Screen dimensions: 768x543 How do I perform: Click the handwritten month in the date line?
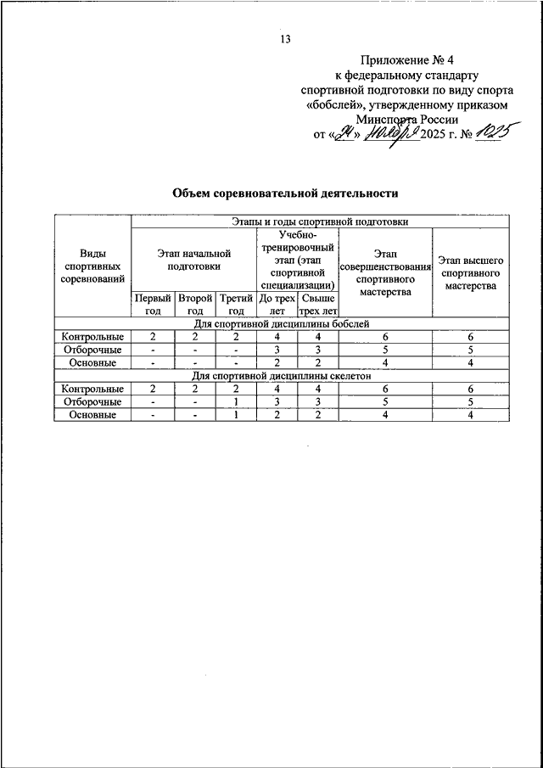click(392, 136)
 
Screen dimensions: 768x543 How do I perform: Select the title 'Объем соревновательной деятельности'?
click(285, 193)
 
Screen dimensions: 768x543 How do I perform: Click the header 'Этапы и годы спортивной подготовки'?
click(320, 221)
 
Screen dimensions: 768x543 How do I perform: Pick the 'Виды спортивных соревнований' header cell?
click(92, 266)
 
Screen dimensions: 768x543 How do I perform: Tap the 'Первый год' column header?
click(153, 305)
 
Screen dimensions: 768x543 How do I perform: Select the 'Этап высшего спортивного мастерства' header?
click(470, 272)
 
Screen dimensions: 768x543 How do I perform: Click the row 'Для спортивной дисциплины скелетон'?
click(281, 376)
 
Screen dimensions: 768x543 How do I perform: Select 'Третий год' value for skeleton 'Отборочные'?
click(235, 401)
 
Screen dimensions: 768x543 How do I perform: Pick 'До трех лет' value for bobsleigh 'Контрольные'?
click(276, 337)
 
